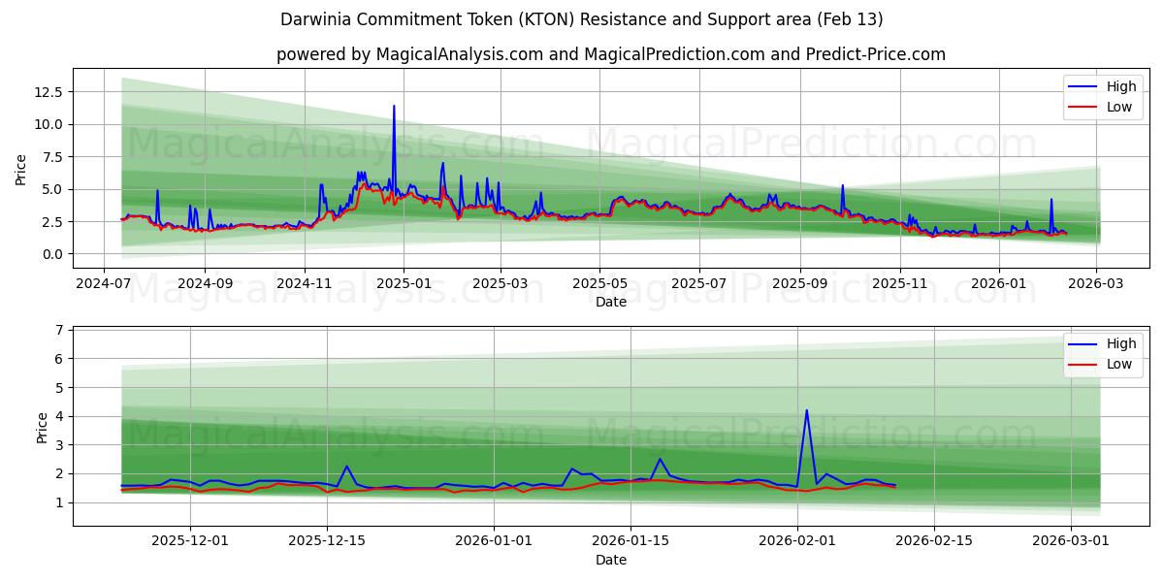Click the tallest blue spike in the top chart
394,107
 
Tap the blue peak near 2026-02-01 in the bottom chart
806,410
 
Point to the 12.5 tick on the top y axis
48,91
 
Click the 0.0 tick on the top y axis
52,254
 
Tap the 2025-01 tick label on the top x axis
403,283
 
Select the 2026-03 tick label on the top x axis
1096,283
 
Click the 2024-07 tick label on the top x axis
104,283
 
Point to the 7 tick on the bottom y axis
59,330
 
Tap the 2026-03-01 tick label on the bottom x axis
1071,541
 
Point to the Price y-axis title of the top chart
21,169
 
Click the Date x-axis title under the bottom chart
611,560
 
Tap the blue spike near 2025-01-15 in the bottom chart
660,459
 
